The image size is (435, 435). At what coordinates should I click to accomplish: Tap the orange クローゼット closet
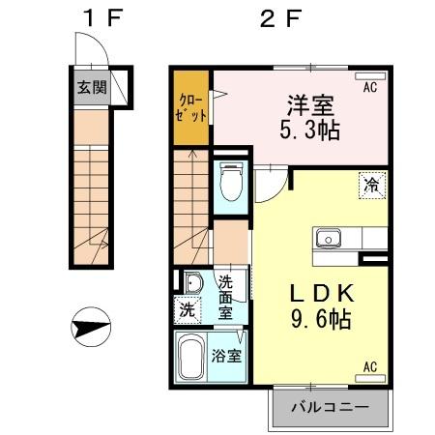click(x=189, y=105)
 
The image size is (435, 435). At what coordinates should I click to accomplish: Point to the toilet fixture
click(x=231, y=183)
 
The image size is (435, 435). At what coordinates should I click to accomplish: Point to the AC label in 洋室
click(x=369, y=88)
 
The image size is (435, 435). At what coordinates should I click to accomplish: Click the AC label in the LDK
click(x=369, y=366)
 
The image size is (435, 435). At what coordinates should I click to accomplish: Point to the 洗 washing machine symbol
click(x=186, y=310)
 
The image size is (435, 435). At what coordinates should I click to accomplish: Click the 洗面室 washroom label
click(x=225, y=297)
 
